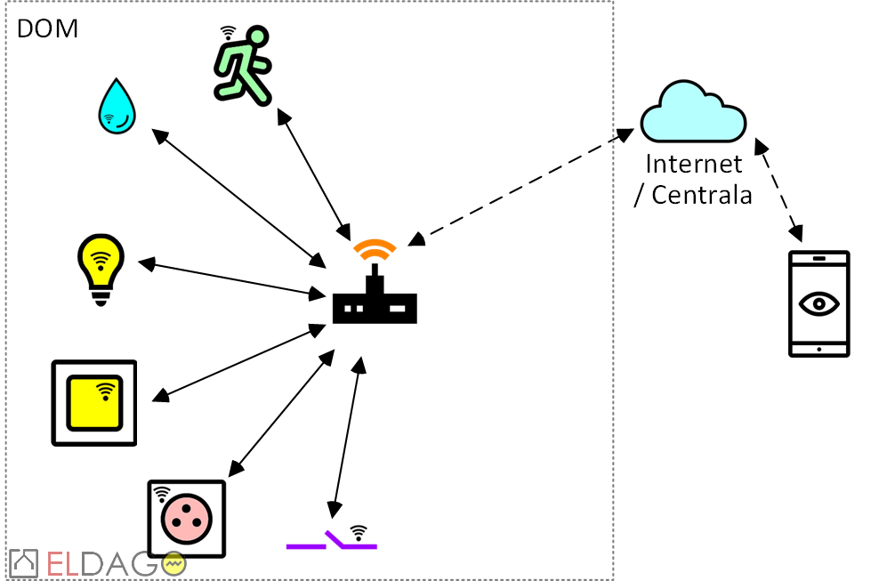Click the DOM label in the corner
pos(48,28)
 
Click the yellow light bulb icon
pos(101,267)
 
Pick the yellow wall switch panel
pos(94,403)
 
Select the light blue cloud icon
pos(693,113)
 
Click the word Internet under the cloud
pos(693,165)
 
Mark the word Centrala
pos(702,195)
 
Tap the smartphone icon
pos(819,304)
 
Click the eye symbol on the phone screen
pos(819,303)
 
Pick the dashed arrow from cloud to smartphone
pos(779,190)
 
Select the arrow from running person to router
pos(312,170)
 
